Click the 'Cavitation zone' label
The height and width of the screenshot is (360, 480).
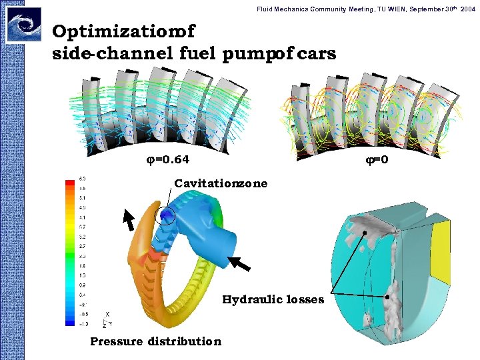pyautogui.click(x=221, y=183)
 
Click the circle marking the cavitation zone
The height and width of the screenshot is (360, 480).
pyautogui.click(x=164, y=215)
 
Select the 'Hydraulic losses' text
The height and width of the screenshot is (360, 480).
pyautogui.click(x=273, y=299)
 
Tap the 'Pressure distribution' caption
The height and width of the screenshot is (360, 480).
pyautogui.click(x=155, y=341)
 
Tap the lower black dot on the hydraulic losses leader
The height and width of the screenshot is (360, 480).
pyautogui.click(x=387, y=295)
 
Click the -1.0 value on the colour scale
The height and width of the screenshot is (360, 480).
pyautogui.click(x=82, y=323)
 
